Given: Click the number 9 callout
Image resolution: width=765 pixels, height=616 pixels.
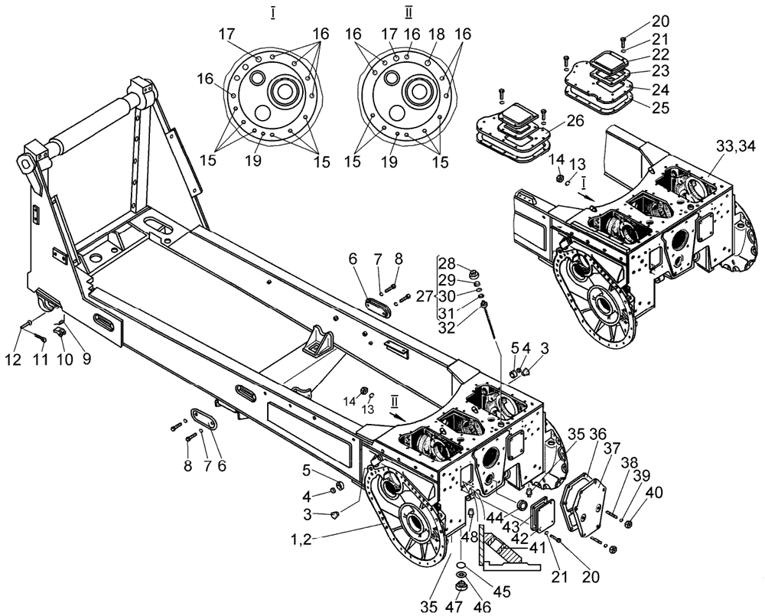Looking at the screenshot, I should (x=86, y=357).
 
